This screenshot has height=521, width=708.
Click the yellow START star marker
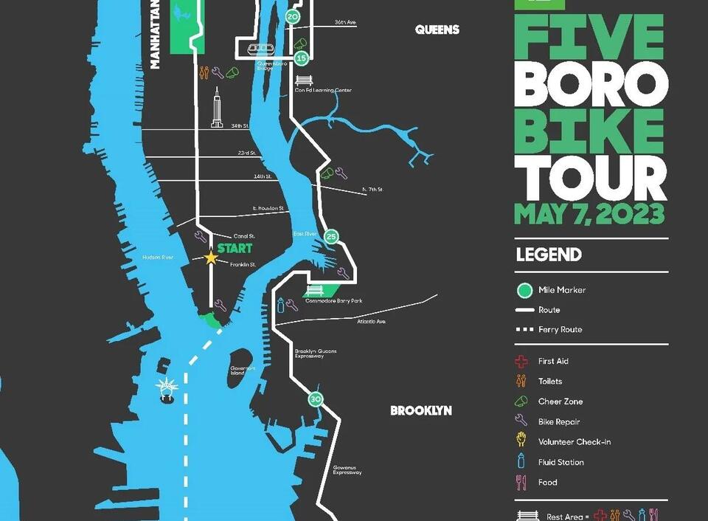pyautogui.click(x=211, y=258)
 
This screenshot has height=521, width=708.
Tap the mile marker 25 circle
pyautogui.click(x=331, y=237)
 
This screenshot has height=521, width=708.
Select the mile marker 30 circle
pyautogui.click(x=316, y=399)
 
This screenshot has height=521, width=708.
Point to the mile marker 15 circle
pyautogui.click(x=300, y=58)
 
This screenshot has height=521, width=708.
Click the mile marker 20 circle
pyautogui.click(x=293, y=17)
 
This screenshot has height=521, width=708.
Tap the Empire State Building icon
pyautogui.click(x=217, y=108)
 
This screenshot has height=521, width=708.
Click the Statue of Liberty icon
pyautogui.click(x=167, y=390)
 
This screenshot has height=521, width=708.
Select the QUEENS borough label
pyautogui.click(x=437, y=30)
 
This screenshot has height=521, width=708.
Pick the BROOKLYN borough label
pyautogui.click(x=421, y=410)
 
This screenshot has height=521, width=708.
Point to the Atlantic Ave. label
pyautogui.click(x=371, y=322)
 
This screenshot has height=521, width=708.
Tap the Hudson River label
pyautogui.click(x=158, y=258)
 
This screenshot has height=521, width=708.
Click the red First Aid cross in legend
pyautogui.click(x=522, y=362)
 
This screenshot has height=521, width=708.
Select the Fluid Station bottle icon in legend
pyautogui.click(x=522, y=462)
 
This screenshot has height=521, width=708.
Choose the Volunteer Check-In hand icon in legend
pyautogui.click(x=522, y=441)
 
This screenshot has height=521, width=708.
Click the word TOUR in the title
pyautogui.click(x=590, y=179)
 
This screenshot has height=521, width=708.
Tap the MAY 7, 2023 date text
pyautogui.click(x=589, y=214)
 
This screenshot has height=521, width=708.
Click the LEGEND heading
pyautogui.click(x=549, y=255)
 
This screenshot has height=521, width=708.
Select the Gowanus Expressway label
pyautogui.click(x=347, y=470)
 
